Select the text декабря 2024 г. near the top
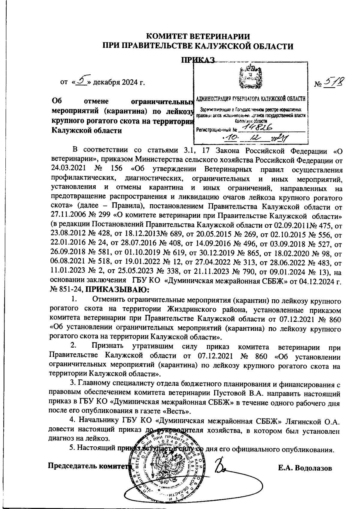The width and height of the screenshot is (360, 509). click(119, 82)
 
